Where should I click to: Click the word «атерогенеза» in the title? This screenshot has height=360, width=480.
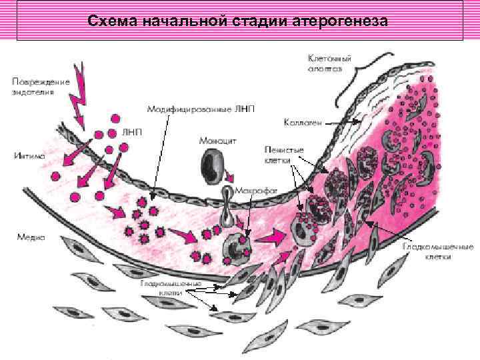(339, 22)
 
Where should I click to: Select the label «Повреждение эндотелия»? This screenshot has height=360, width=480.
(40, 87)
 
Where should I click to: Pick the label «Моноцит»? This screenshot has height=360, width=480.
(215, 141)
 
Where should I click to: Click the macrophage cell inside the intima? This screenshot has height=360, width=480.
(237, 247)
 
